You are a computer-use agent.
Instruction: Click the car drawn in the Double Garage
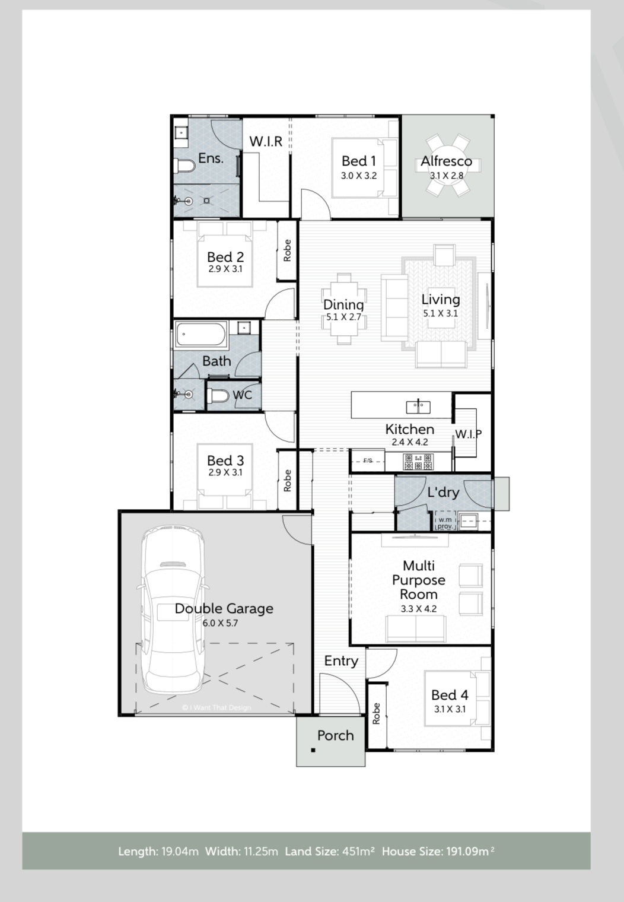pyautogui.click(x=172, y=611)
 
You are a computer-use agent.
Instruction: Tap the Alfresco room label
pyautogui.click(x=446, y=161)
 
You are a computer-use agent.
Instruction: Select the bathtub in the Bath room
pyautogui.click(x=202, y=336)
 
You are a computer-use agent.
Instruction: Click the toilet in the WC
pyautogui.click(x=219, y=396)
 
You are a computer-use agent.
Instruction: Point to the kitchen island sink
pyautogui.click(x=419, y=406)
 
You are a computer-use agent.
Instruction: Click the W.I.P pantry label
pyautogui.click(x=468, y=434)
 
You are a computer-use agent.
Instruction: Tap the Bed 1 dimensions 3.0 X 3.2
pyautogui.click(x=358, y=176)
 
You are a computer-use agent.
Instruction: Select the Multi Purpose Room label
pyautogui.click(x=418, y=580)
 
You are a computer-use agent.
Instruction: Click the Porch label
pyautogui.click(x=335, y=735)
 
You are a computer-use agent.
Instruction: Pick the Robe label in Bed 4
pyautogui.click(x=376, y=714)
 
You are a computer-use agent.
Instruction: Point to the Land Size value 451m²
pyautogui.click(x=358, y=852)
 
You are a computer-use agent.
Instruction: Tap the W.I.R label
pyautogui.click(x=266, y=141)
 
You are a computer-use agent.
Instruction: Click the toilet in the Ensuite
pyautogui.click(x=185, y=166)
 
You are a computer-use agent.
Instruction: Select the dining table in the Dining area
pyautogui.click(x=344, y=309)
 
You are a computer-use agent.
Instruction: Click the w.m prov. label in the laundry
pyautogui.click(x=445, y=523)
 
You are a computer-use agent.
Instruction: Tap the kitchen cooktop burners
pyautogui.click(x=418, y=460)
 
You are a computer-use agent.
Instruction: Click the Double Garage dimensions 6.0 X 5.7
pyautogui.click(x=220, y=623)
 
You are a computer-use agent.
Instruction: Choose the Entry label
pyautogui.click(x=341, y=660)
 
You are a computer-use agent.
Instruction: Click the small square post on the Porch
pyautogui.click(x=313, y=751)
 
